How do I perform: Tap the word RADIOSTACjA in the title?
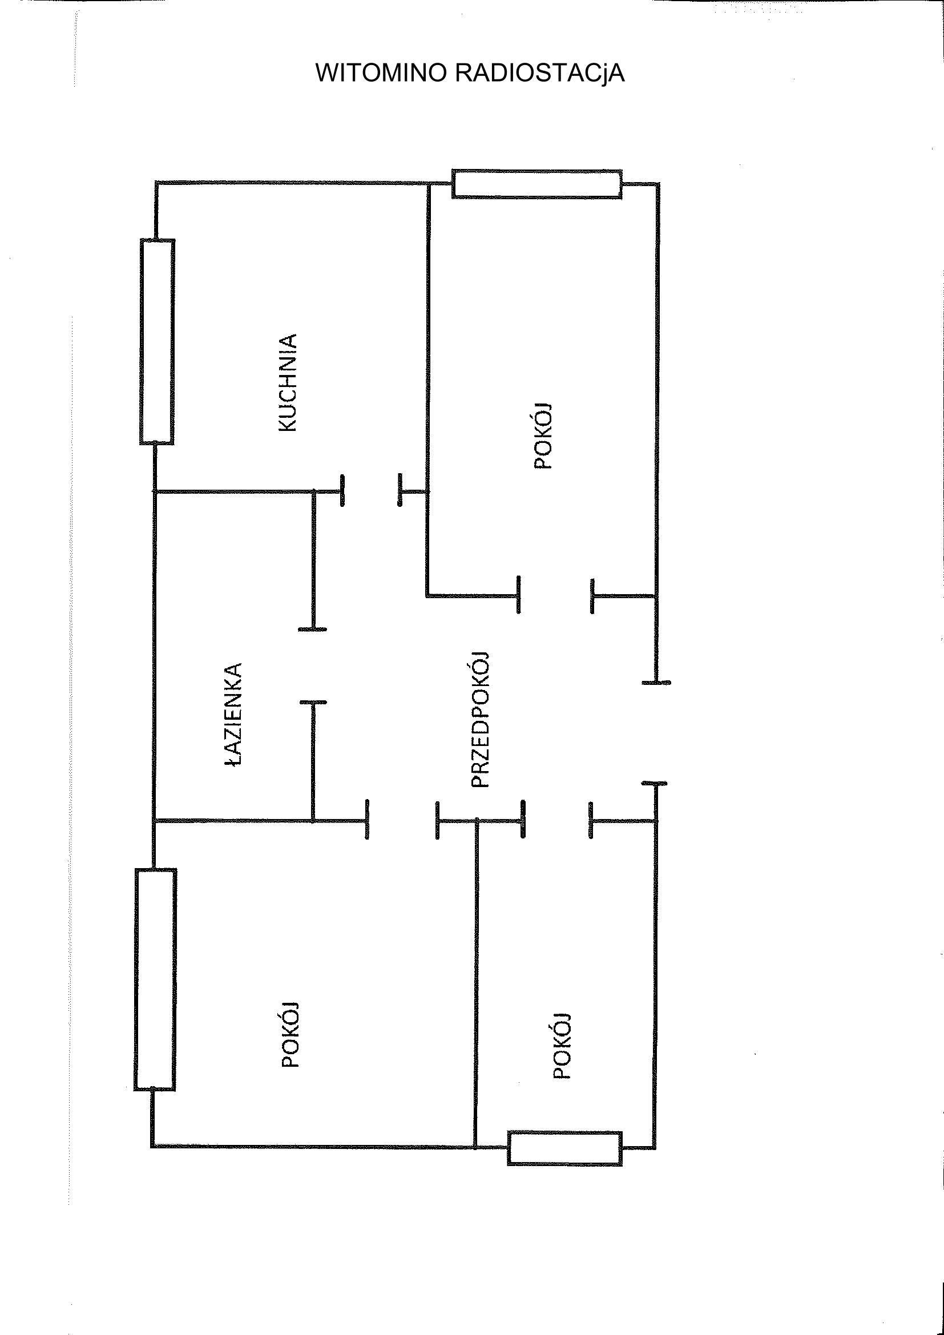coord(539,73)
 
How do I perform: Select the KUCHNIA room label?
coord(288,382)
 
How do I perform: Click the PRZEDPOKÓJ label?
coord(480,720)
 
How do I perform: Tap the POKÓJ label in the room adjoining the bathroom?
coord(290,1035)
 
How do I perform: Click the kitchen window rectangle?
coord(157,342)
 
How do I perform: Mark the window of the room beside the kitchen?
coord(536,184)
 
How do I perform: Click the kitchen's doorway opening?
coord(371,491)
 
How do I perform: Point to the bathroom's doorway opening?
coord(313,666)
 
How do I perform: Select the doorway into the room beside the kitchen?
coord(555,595)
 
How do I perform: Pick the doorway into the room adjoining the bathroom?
coord(402,820)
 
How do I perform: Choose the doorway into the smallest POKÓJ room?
coord(556,820)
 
